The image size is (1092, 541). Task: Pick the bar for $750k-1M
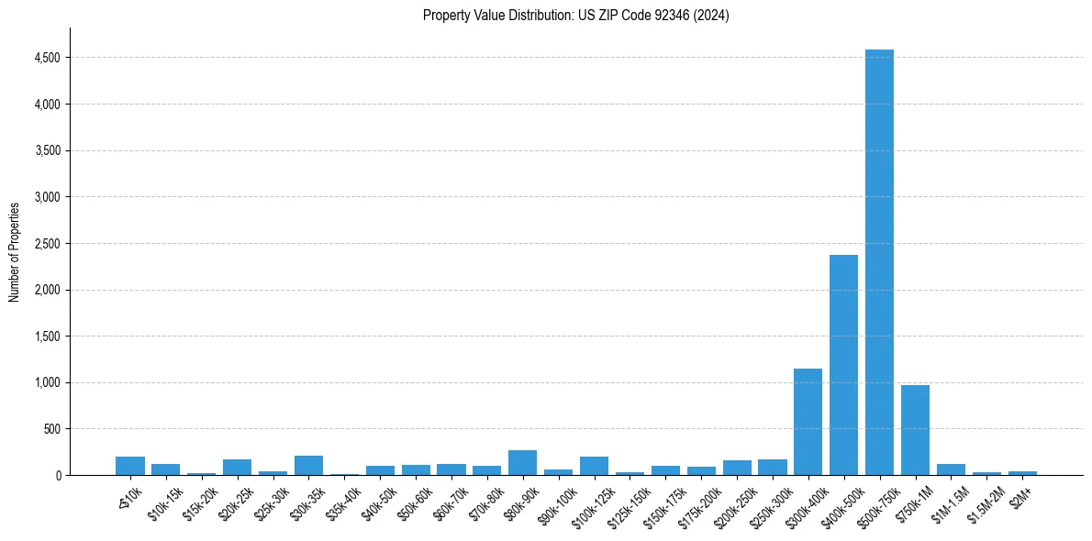coord(915,430)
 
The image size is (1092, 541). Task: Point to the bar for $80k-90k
coord(522,463)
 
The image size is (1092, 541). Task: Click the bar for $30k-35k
coord(308,466)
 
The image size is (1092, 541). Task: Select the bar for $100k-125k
coord(594,466)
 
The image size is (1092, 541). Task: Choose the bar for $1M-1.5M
coord(951,469)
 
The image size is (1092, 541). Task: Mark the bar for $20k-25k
coord(237,468)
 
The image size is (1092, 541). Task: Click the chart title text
coord(575,16)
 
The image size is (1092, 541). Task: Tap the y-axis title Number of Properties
coord(15,251)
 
